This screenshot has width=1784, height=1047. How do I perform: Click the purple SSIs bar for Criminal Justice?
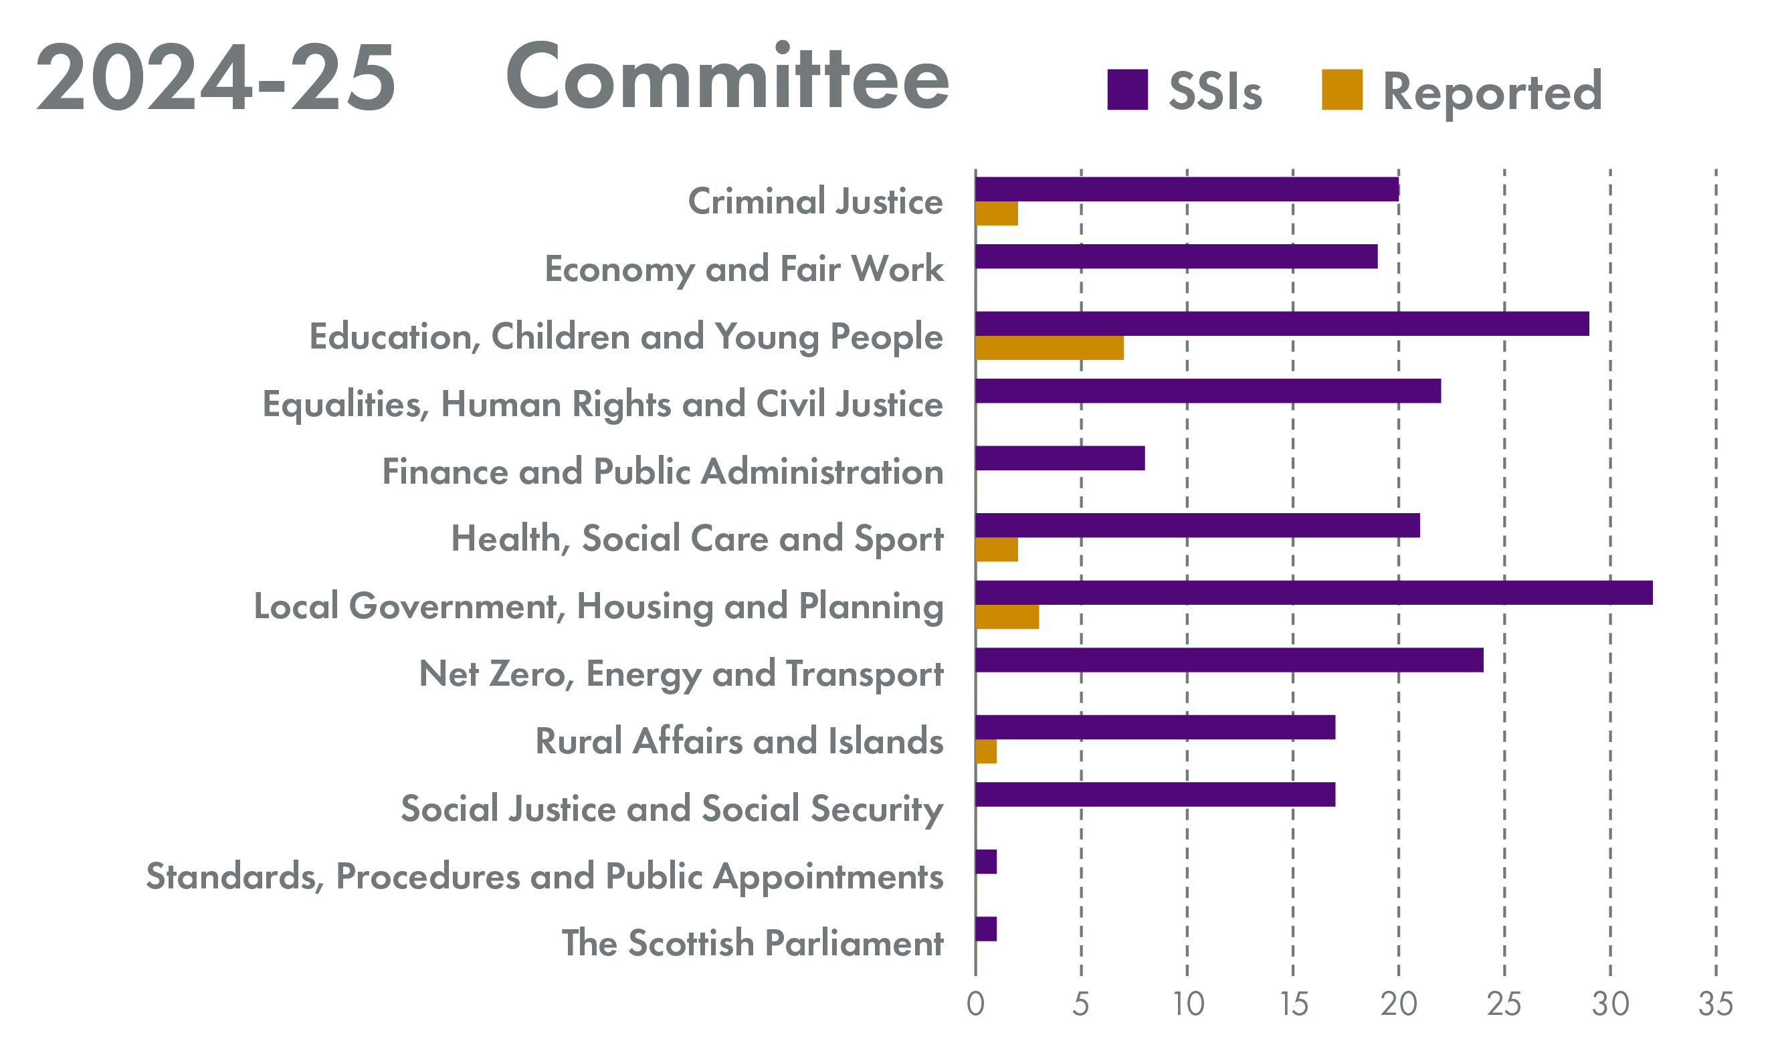pos(1187,189)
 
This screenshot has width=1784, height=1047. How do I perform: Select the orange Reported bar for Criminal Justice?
pos(996,214)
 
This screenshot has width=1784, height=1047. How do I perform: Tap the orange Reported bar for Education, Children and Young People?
pos(1049,349)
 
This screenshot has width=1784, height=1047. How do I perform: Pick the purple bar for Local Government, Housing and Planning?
pos(1314,593)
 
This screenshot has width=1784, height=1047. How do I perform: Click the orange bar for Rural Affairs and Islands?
pos(985,752)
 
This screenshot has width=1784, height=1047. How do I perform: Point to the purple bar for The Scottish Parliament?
pos(985,929)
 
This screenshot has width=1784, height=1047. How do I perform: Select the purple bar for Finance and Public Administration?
pos(1060,458)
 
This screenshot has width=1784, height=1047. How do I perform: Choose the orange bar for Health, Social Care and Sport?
pos(996,550)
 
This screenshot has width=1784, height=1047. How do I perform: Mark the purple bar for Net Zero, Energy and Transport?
pos(1229,660)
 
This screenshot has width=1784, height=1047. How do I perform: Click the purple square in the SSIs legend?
pos(1127,90)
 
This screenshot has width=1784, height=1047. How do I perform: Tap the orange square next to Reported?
pos(1342,90)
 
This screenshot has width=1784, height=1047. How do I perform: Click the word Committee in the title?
pos(727,76)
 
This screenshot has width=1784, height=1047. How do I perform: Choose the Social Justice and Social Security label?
pos(671,809)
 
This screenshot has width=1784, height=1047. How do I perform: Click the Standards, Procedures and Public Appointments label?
pos(544,877)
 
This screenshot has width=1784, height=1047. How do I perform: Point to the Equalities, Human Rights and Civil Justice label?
pos(602,405)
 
